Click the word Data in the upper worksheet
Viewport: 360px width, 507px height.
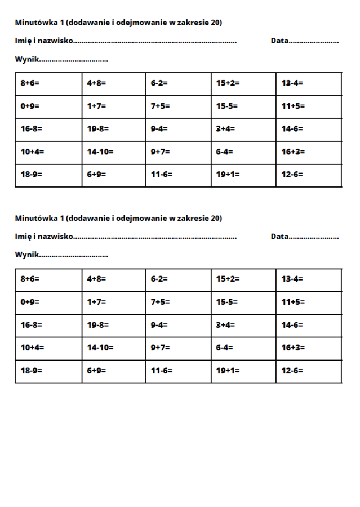coord(279,41)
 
